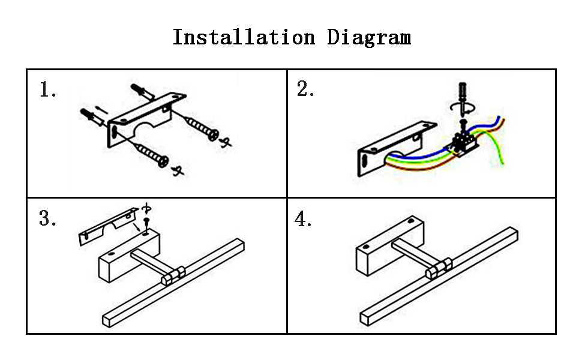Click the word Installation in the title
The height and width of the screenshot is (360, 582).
coord(244,37)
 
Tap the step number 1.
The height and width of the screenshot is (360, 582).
coord(47,90)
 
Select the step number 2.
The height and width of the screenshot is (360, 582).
coord(305,89)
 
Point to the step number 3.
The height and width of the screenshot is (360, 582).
coord(47,218)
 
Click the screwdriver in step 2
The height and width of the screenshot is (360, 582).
coord(463,97)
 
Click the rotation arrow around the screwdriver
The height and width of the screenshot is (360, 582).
coord(463,108)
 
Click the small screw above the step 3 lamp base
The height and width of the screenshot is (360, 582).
coord(146,225)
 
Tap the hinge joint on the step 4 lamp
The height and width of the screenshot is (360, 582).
coord(439,268)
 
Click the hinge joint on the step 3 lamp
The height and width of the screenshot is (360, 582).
coord(173,275)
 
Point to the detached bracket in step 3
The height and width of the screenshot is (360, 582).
coord(107,226)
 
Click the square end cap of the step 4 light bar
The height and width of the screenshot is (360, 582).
coord(366,319)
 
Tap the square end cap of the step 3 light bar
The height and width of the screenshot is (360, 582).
coord(107,321)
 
